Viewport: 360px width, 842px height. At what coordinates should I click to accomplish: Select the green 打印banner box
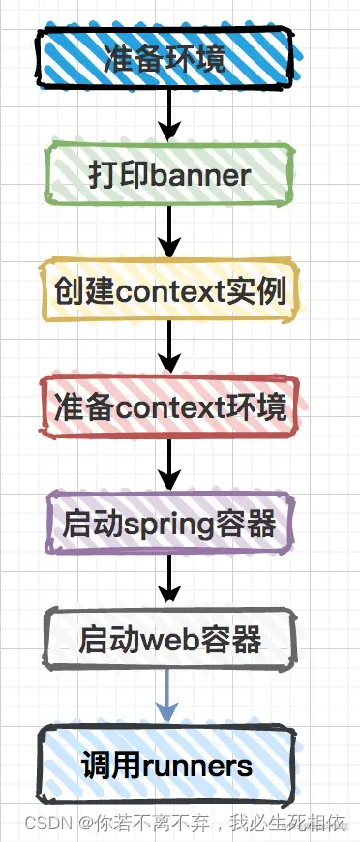(169, 175)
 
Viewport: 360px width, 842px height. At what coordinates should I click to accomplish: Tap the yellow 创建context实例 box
(169, 290)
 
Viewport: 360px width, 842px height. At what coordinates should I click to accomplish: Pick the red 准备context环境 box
(169, 406)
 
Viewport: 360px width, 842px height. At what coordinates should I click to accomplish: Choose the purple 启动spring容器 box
(169, 524)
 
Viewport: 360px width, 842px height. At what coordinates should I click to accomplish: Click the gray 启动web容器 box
(169, 640)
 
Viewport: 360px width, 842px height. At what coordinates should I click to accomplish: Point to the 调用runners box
(169, 767)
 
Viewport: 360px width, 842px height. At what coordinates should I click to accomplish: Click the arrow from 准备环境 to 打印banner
(169, 113)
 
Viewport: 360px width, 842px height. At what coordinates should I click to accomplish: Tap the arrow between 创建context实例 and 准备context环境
(169, 346)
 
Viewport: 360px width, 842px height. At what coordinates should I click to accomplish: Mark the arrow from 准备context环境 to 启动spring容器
(169, 464)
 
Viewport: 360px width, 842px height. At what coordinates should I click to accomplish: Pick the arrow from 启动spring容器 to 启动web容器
(169, 580)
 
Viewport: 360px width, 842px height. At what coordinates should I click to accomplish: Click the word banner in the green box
(202, 175)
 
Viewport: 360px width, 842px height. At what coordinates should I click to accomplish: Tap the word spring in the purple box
(174, 525)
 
